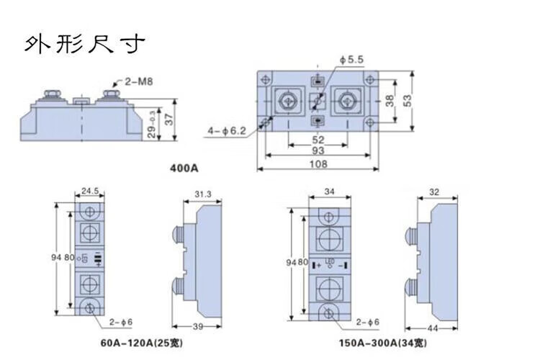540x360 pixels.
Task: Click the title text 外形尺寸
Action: (85, 45)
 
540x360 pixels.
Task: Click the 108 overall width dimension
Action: (318, 165)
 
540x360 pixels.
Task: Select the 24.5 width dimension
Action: (89, 192)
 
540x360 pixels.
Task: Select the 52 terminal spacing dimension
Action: (318, 140)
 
